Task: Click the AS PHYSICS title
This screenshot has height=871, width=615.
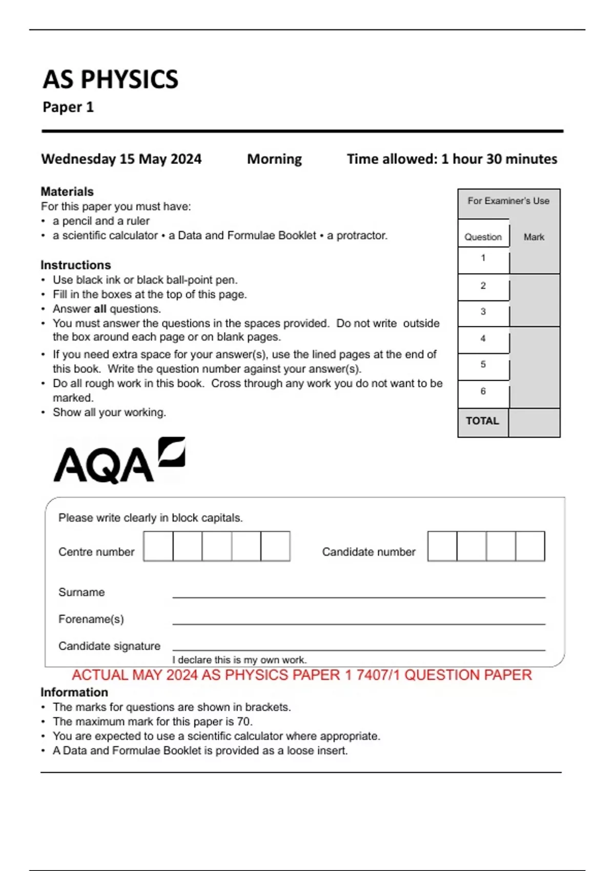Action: (x=110, y=80)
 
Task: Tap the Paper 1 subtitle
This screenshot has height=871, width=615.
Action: (x=68, y=107)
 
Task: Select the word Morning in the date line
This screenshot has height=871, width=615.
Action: (x=274, y=159)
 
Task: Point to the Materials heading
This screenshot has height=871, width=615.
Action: (x=67, y=192)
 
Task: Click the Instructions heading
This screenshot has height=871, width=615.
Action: (x=76, y=265)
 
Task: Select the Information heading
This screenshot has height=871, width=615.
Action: (x=74, y=692)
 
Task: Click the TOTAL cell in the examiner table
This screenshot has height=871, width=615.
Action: (x=482, y=421)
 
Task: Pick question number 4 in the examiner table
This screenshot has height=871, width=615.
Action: (x=483, y=339)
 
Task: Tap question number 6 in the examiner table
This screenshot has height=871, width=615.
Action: (x=483, y=391)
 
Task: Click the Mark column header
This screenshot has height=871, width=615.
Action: (x=534, y=237)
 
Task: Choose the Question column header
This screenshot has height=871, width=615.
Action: (x=483, y=237)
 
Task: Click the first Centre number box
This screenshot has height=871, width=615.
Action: (x=158, y=546)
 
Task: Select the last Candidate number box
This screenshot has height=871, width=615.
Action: (x=530, y=546)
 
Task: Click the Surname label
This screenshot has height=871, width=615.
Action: (x=81, y=592)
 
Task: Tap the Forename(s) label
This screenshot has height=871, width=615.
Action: (x=91, y=619)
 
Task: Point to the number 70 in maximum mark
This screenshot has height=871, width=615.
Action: (x=244, y=721)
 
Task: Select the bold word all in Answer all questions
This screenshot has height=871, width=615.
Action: (x=100, y=309)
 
